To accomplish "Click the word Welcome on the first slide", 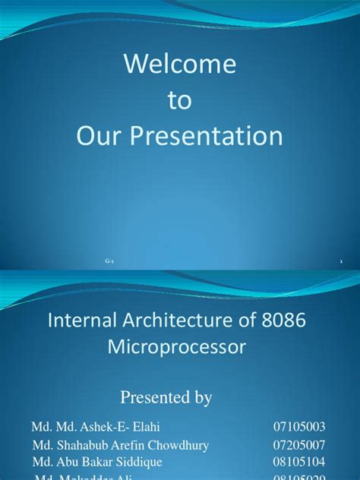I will click(180, 65).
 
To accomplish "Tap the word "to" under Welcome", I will click(180, 101).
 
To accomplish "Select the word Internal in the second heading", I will click(81, 321).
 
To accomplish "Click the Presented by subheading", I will click(179, 397).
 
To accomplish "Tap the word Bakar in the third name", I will click(99, 462).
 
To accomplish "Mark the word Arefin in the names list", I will click(125, 444).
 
